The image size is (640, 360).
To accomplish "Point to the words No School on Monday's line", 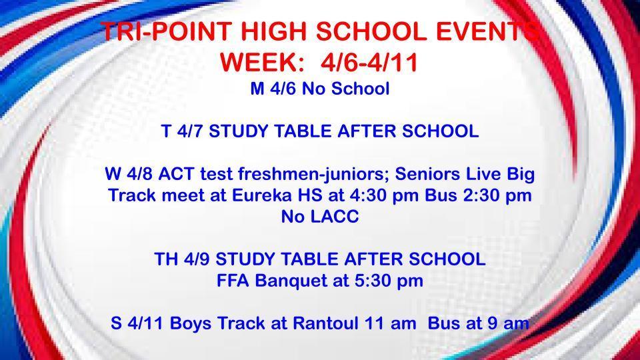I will click(346, 89).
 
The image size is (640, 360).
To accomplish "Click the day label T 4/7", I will click(183, 131).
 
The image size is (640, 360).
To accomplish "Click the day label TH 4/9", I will click(183, 259).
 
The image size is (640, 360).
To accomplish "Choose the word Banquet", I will click(285, 281).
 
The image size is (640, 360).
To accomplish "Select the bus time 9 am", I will click(507, 323).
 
